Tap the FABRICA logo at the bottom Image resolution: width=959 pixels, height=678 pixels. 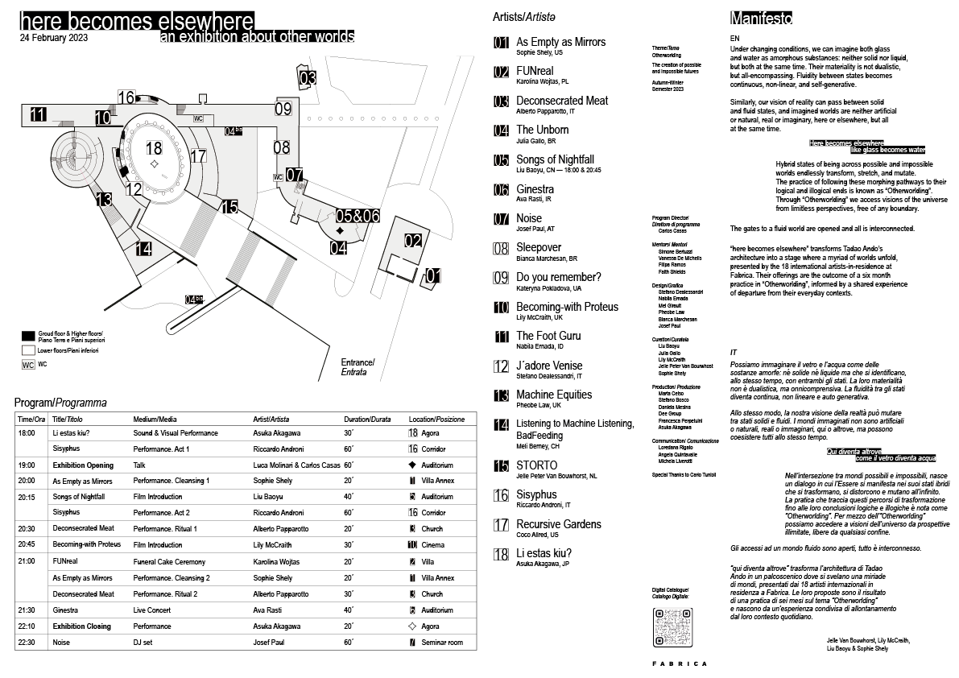[x=680, y=664]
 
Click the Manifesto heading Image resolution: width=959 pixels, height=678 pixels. [x=761, y=18]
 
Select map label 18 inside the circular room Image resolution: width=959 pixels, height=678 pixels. [x=153, y=147]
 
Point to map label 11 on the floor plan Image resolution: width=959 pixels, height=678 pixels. [x=38, y=114]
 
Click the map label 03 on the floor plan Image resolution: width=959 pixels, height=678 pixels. [x=308, y=79]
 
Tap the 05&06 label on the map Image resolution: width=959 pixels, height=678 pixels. [x=358, y=216]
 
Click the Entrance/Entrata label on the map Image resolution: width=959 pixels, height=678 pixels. [x=358, y=367]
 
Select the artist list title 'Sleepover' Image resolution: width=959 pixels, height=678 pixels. [x=539, y=247]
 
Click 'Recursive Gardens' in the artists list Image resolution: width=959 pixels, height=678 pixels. [x=558, y=524]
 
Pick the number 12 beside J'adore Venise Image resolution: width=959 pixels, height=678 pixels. [x=501, y=366]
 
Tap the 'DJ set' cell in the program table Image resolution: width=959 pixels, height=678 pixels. [x=143, y=643]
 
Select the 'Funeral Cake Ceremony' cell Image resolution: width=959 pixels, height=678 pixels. [x=172, y=561]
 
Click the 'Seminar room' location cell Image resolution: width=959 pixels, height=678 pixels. [x=444, y=643]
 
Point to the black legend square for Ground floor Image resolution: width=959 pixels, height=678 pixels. [x=28, y=335]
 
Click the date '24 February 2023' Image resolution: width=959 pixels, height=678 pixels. [x=55, y=37]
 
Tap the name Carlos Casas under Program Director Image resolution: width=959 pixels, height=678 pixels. [x=672, y=230]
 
